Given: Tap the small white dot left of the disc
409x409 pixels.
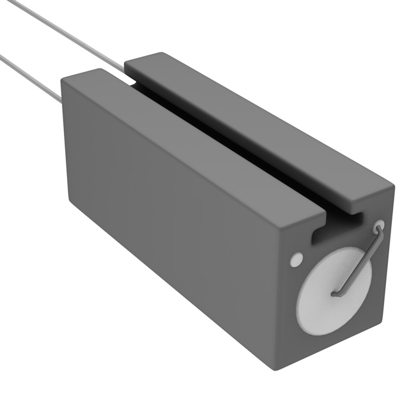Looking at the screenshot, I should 296,260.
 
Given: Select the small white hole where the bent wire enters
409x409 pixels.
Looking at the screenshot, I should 378,226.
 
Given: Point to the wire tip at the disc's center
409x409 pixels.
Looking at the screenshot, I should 335,295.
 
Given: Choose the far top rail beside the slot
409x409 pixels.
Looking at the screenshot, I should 256,121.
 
